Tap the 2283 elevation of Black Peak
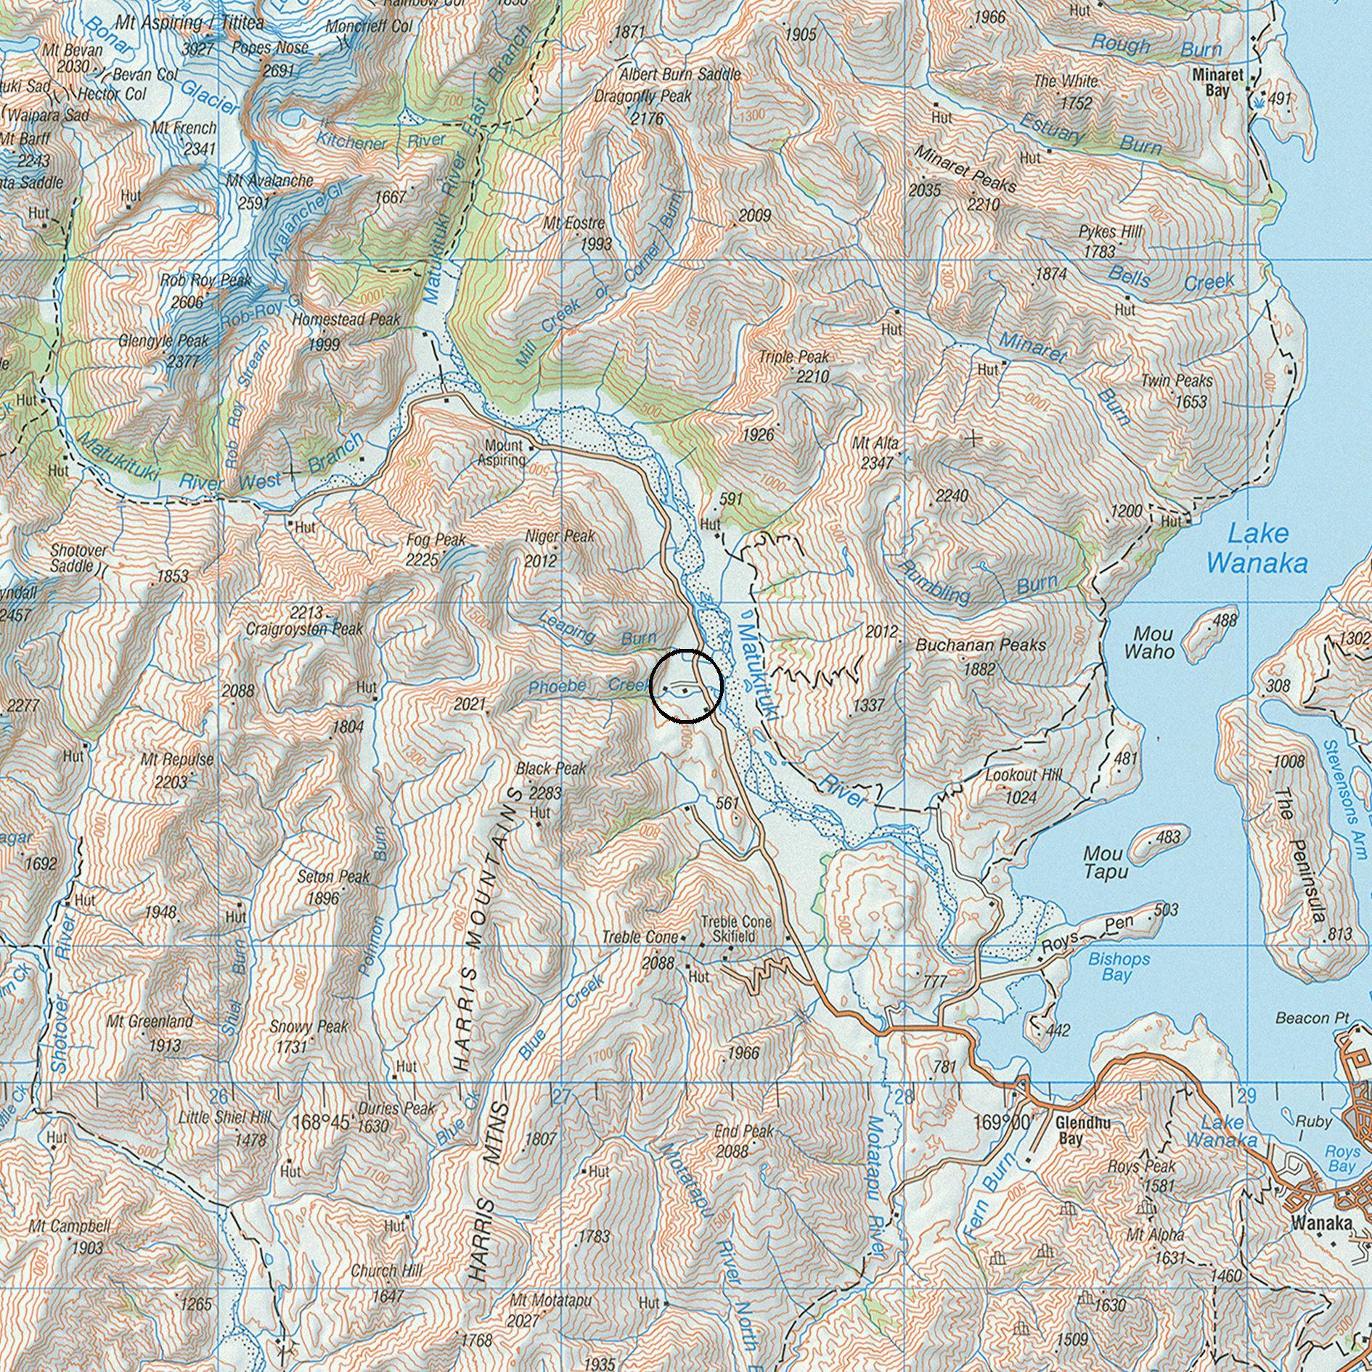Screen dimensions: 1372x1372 545,793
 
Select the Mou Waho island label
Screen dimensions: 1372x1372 1148,642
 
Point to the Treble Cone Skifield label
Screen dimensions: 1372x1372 736,929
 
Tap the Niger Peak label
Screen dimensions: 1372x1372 560,536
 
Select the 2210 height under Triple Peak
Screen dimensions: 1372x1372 812,377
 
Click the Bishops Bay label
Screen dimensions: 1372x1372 1119,966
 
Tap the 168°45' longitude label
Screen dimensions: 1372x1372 323,1122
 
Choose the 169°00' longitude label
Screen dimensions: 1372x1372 1003,1122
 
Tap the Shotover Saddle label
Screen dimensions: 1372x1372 78,558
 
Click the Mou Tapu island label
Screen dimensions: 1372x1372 1105,862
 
